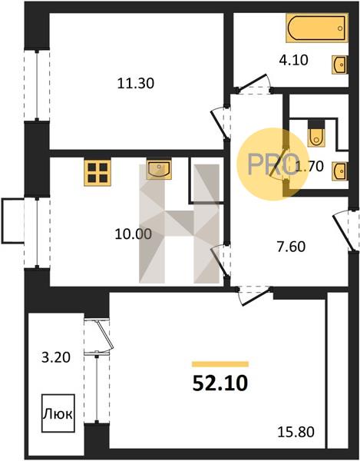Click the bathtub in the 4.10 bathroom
point(317,28)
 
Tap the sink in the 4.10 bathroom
point(340,65)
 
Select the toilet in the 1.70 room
point(316,133)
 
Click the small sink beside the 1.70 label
point(340,171)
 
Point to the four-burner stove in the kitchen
point(97,173)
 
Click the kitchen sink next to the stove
point(159,170)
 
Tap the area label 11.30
point(136,84)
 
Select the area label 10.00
point(134,234)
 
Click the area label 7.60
point(291,247)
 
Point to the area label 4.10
point(294,60)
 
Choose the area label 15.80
point(296,432)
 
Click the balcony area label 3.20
point(56,358)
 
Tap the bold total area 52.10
point(220,383)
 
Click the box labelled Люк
point(58,413)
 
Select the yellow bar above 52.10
point(220,364)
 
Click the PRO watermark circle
point(273,164)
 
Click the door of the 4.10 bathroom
point(254,84)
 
